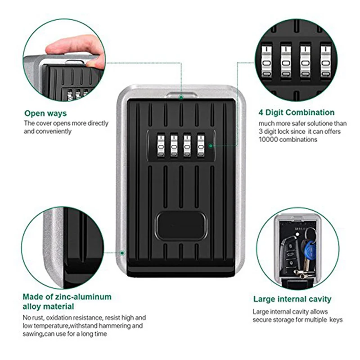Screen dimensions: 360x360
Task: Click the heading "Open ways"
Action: pyautogui.click(x=45, y=113)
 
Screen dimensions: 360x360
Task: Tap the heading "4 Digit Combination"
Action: pyautogui.click(x=297, y=112)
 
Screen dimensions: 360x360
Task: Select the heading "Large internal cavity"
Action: pyautogui.click(x=292, y=299)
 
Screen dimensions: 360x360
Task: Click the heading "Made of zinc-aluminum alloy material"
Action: pyautogui.click(x=67, y=301)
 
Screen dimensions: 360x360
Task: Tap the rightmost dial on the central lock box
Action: pyautogui.click(x=200, y=145)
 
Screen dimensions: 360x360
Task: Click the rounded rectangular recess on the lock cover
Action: pyautogui.click(x=180, y=227)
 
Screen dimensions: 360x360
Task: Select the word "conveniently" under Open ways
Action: pyautogui.click(x=54, y=131)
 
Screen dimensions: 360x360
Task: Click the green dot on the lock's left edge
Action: pyautogui.click(x=122, y=253)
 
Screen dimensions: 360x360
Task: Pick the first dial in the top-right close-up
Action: pyautogui.click(x=266, y=61)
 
